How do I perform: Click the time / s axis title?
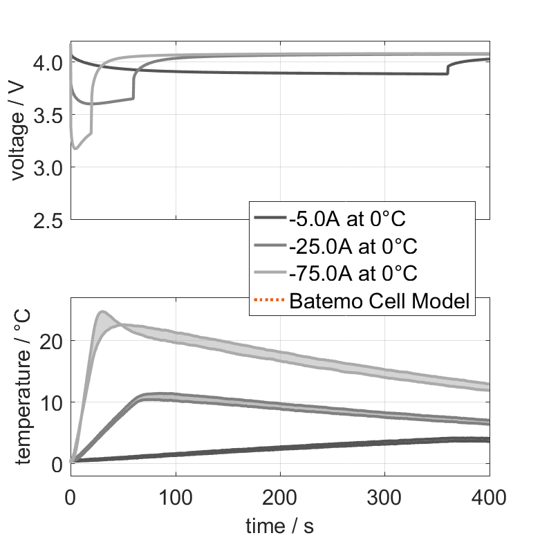279,526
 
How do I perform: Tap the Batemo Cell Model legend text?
380,301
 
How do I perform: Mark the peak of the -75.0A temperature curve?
102,312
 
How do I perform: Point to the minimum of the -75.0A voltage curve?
75,148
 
